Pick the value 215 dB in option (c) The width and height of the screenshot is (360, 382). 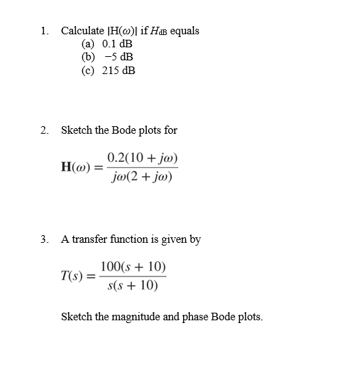pyautogui.click(x=118, y=70)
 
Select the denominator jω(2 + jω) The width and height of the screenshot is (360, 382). pyautogui.click(x=143, y=178)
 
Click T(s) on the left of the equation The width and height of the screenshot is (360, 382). pyautogui.click(x=74, y=276)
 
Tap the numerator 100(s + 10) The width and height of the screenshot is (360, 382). pyautogui.click(x=132, y=267)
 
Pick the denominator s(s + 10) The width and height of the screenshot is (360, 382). pyautogui.click(x=132, y=285)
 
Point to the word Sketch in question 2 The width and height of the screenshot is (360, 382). pyautogui.click(x=75, y=130)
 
